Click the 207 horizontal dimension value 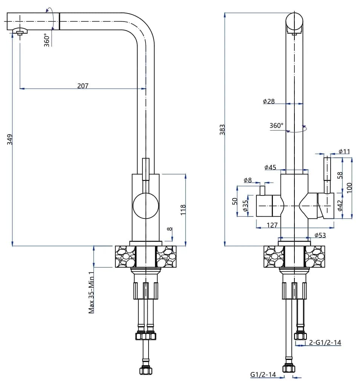pos(83,86)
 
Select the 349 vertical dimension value pos(10,139)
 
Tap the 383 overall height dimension pos(222,129)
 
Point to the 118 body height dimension pos(183,209)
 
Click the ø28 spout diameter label pos(269,101)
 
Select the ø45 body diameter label pos(270,167)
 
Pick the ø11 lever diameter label pos(344,151)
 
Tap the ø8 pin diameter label pos(247,180)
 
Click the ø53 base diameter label pos(320,235)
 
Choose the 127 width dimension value pos(272,225)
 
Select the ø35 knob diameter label pos(245,206)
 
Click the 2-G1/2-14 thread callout pos(325,343)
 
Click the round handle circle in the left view pos(146,206)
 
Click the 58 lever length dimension pos(340,175)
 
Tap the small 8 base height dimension pos(170,229)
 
